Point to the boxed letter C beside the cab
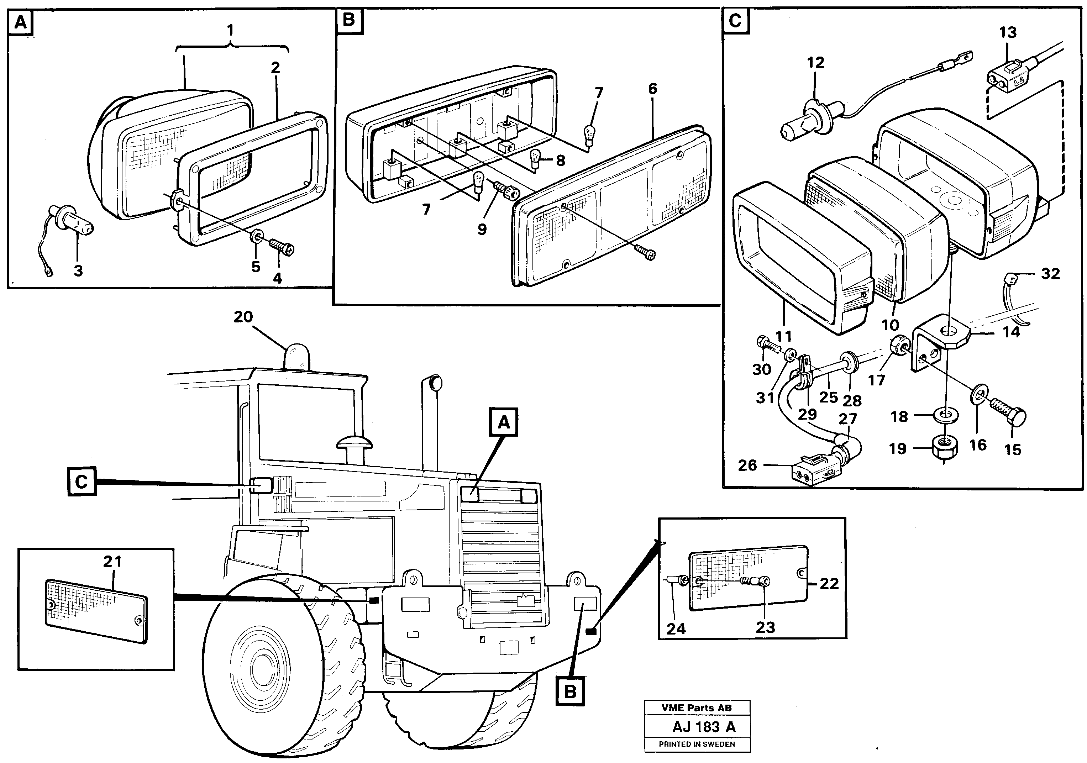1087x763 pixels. click(82, 482)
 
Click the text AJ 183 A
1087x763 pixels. click(704, 727)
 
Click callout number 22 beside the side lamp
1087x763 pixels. click(829, 584)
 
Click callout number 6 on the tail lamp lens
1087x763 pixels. click(653, 89)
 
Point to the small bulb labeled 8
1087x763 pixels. click(535, 159)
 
